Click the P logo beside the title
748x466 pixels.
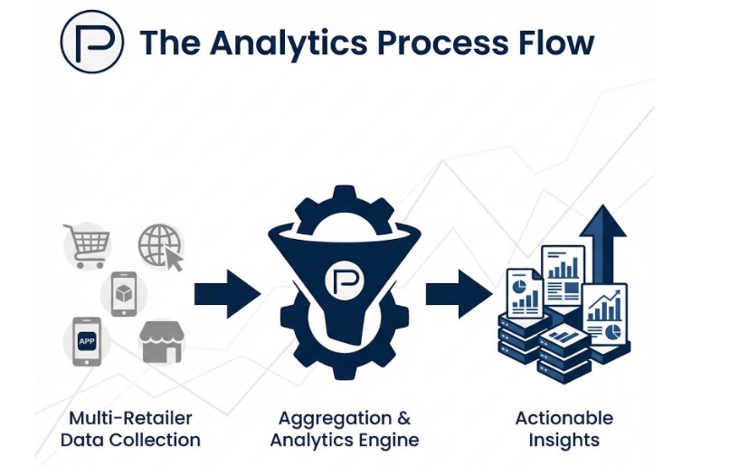pos(90,41)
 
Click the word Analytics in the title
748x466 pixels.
pos(275,43)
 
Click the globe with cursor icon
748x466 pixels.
pos(160,246)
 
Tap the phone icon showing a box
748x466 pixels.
pos(123,293)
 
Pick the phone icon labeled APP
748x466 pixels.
pos(86,341)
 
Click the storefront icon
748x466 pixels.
pos(161,342)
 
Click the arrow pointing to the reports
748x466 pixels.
pos(457,293)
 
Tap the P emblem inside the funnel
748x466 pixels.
pos(345,281)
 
